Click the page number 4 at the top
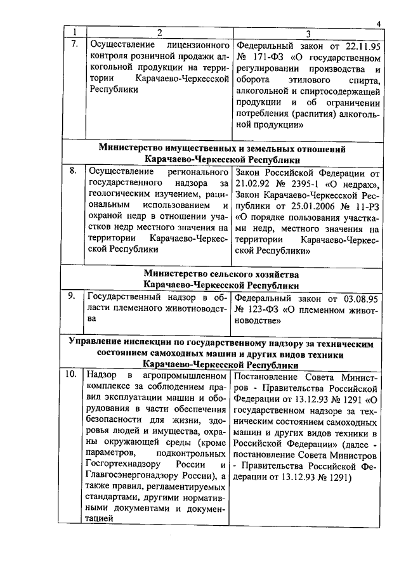pyautogui.click(x=378, y=24)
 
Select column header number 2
pyautogui.click(x=159, y=33)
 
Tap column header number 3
pyautogui.click(x=307, y=33)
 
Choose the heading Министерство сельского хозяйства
pyautogui.click(x=221, y=273)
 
